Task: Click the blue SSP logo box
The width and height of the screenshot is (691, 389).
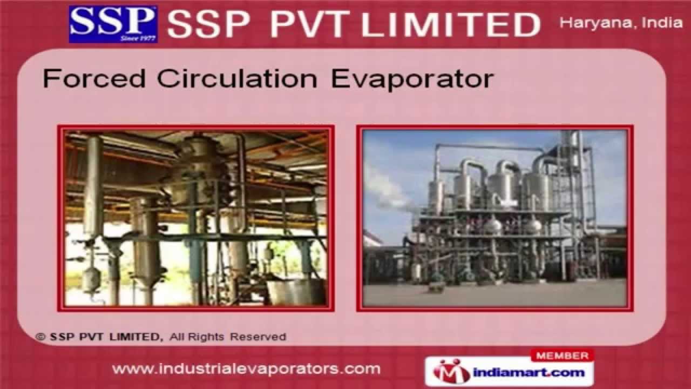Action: click(113, 24)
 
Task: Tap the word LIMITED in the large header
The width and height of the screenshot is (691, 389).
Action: click(450, 25)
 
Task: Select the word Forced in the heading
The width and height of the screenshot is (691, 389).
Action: click(94, 79)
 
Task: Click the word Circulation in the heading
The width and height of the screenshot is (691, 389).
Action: click(237, 79)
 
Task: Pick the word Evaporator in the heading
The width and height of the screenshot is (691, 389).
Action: click(412, 79)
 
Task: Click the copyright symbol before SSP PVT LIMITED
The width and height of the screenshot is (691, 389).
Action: click(40, 337)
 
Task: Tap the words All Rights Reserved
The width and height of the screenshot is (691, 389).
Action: click(227, 337)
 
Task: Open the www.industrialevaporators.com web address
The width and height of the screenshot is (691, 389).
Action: click(246, 370)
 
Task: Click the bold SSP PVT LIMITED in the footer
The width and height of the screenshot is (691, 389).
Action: click(105, 337)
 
